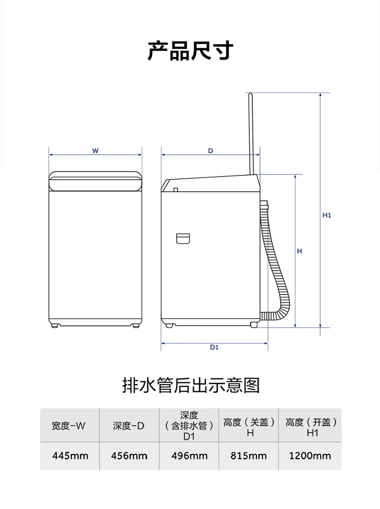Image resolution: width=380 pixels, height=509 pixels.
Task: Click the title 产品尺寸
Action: [x=190, y=51]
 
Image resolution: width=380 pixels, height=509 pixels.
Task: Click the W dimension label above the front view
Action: [x=95, y=151]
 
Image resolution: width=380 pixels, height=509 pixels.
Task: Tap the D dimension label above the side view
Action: [x=210, y=151]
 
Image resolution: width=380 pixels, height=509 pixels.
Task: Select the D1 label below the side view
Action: [x=214, y=347]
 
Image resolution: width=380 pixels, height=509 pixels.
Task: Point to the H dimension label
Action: [x=299, y=251]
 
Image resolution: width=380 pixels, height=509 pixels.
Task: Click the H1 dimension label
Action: [x=327, y=215]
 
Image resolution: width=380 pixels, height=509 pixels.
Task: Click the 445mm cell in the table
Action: [x=70, y=456]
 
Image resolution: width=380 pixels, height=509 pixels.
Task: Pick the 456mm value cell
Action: [x=129, y=456]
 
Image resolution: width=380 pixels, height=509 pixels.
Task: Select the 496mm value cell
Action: [x=189, y=456]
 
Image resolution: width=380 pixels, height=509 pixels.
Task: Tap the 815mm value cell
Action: [x=248, y=456]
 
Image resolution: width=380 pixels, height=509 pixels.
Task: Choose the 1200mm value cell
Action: [x=310, y=456]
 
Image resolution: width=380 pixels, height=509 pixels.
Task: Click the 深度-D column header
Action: [x=129, y=426]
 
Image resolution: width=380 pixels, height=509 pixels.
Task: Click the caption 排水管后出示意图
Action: [x=191, y=386]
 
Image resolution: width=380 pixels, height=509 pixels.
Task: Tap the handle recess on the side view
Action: [x=183, y=238]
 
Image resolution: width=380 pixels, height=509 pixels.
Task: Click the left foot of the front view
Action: [x=54, y=325]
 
